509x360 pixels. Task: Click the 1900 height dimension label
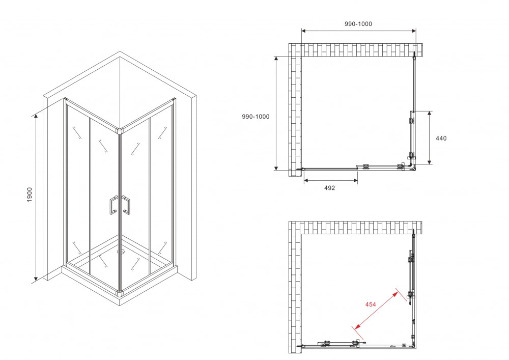click(x=30, y=195)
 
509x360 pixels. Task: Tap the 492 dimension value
click(x=329, y=187)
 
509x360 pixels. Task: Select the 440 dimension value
click(x=441, y=139)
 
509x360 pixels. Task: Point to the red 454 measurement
click(x=371, y=304)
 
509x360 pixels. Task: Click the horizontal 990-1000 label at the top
click(x=358, y=24)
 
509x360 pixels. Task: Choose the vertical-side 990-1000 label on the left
click(x=256, y=117)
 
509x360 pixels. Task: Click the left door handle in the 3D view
click(x=114, y=205)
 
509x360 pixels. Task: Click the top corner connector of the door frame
click(x=120, y=131)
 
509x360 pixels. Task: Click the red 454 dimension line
click(x=377, y=310)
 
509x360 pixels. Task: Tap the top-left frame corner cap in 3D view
click(x=65, y=99)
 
